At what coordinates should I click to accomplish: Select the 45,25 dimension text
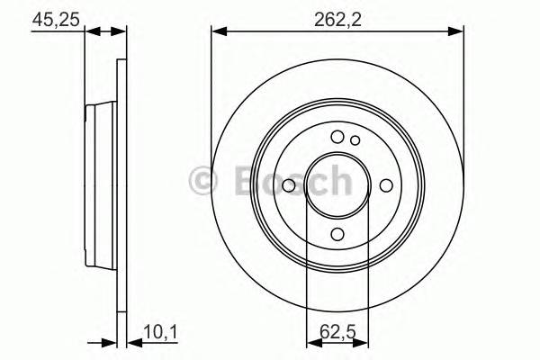click(x=51, y=16)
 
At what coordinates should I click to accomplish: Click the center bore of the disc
click(x=337, y=184)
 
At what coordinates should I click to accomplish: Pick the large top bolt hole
click(x=337, y=137)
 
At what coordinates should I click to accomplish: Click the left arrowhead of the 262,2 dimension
click(x=218, y=33)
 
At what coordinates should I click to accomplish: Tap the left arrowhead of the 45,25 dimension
click(x=91, y=33)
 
